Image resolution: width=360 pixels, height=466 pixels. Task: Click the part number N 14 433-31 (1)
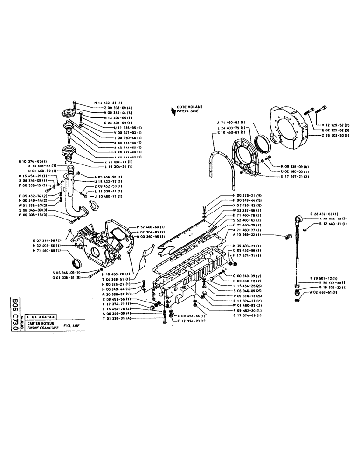pyautogui.click(x=108, y=102)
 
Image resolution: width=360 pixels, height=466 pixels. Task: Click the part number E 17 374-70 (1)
pyautogui.click(x=191, y=322)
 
